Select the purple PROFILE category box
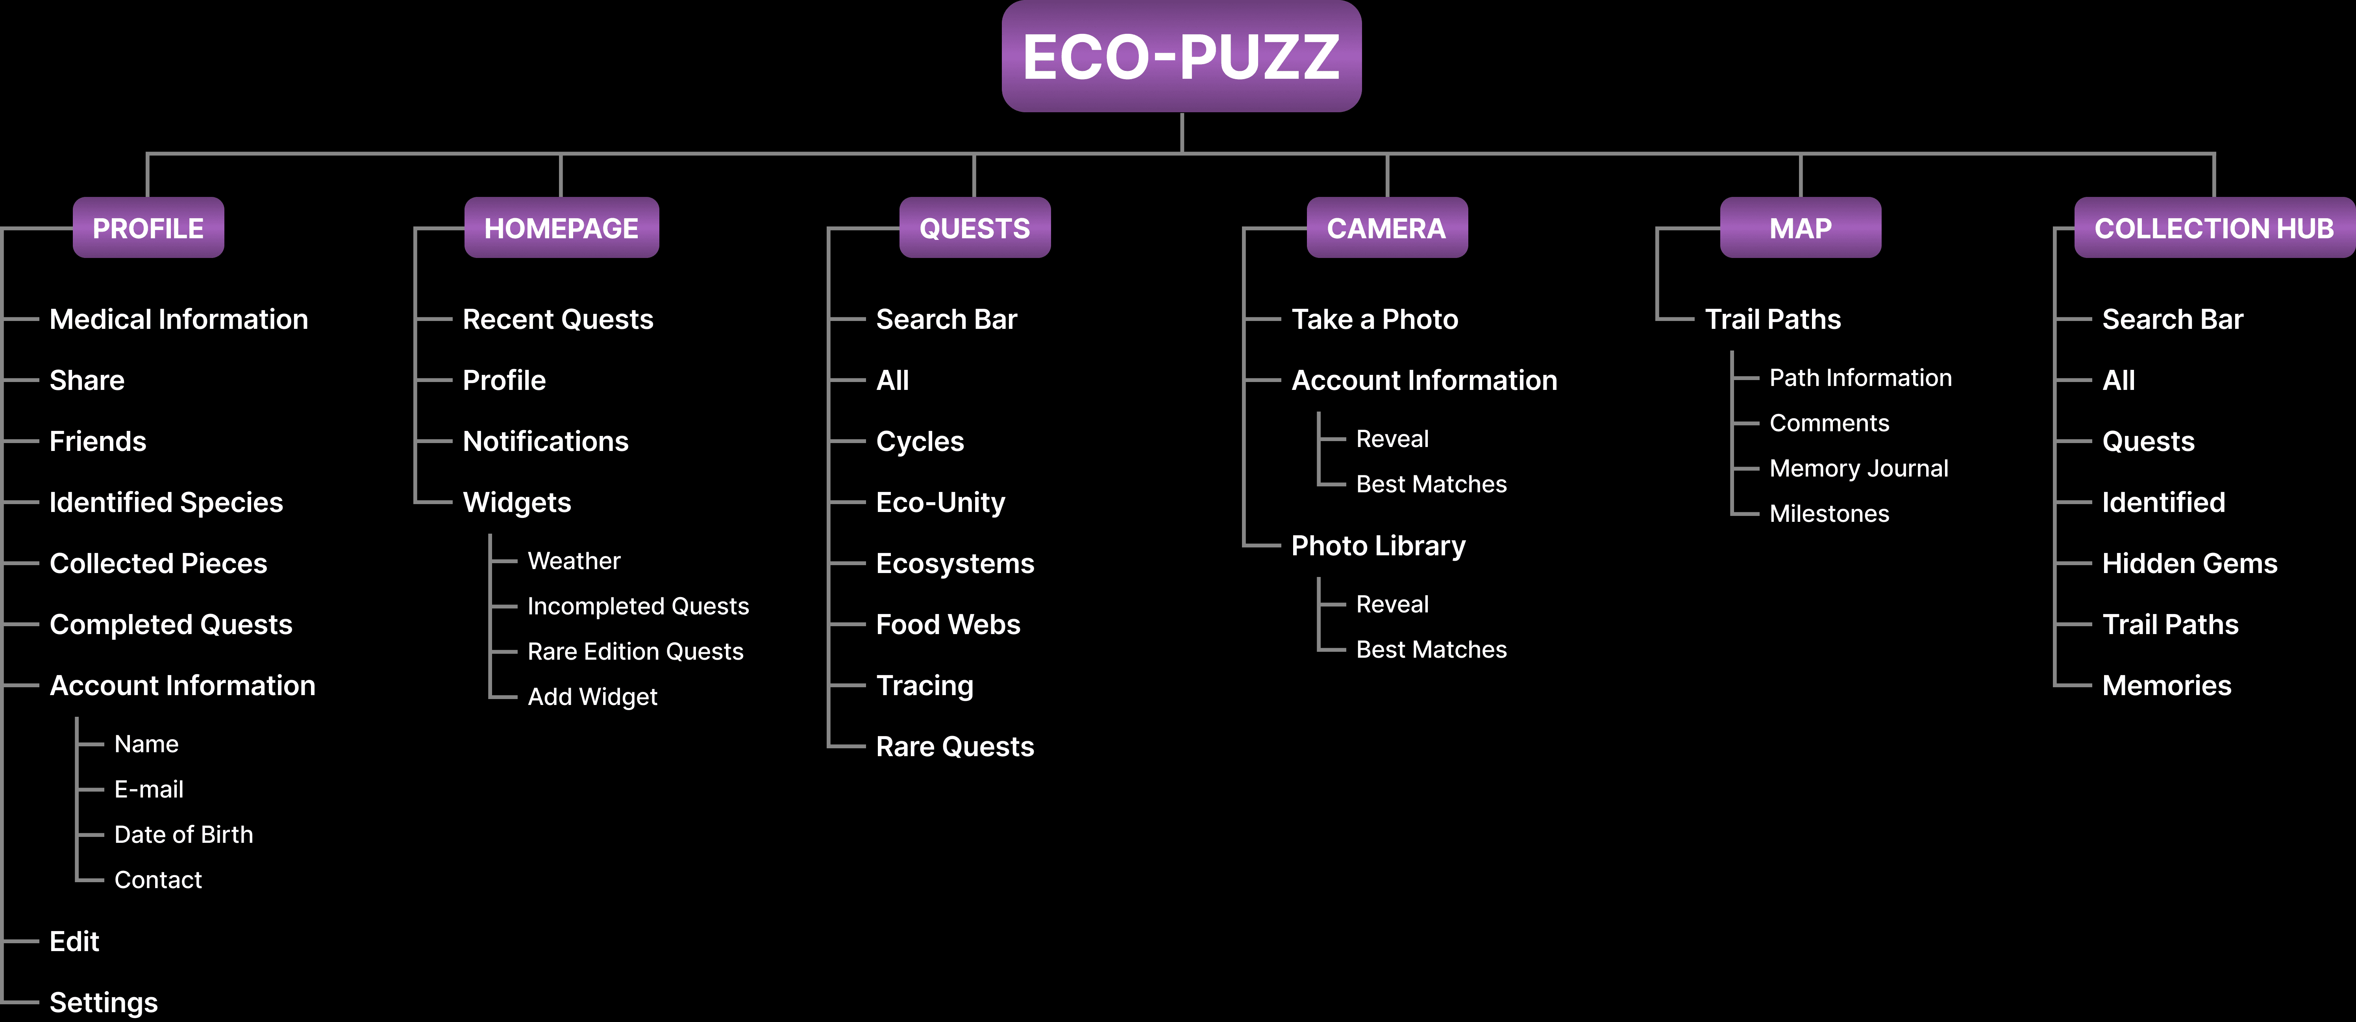(148, 228)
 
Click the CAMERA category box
(1386, 228)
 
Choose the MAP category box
(1800, 228)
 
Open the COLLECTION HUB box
(2213, 228)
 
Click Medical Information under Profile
(178, 319)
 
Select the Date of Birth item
(183, 835)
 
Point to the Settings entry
(104, 1002)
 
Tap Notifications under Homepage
(545, 441)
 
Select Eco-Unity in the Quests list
(940, 502)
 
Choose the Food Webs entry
(948, 624)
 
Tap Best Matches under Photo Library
(1431, 649)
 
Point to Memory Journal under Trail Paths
(1858, 468)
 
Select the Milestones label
(1829, 513)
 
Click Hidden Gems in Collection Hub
(2189, 564)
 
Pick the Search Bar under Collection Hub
(2172, 319)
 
